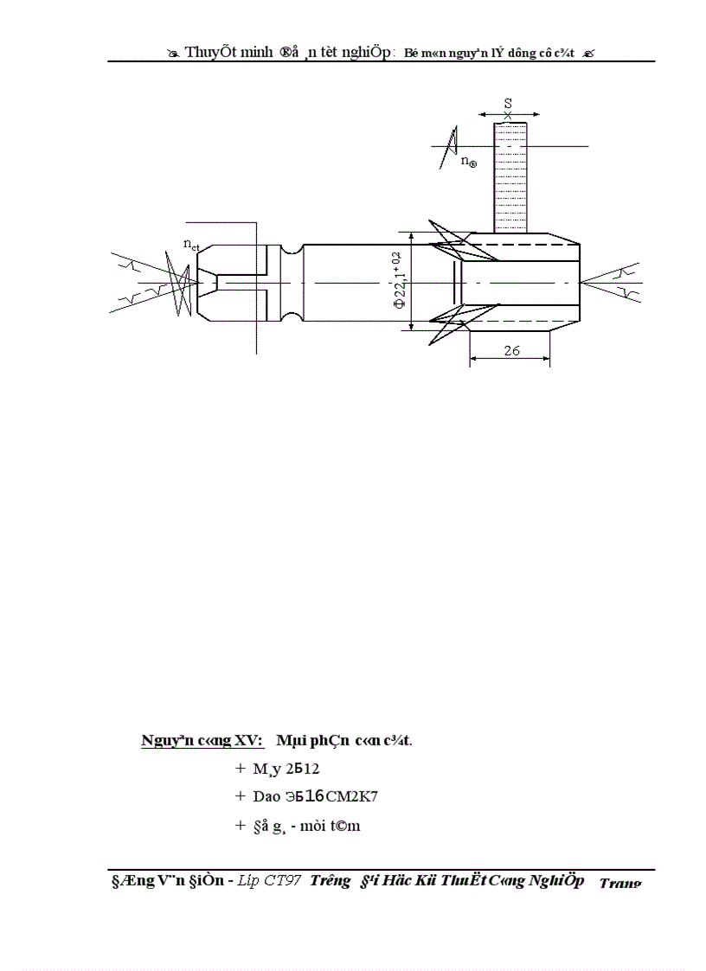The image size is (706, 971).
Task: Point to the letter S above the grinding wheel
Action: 508,103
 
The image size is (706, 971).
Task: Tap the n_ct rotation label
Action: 191,246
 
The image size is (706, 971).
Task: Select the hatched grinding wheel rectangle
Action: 510,177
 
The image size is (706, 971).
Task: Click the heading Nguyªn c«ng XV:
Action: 202,740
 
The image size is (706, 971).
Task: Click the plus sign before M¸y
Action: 240,768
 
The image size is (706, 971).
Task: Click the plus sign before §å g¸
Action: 240,825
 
